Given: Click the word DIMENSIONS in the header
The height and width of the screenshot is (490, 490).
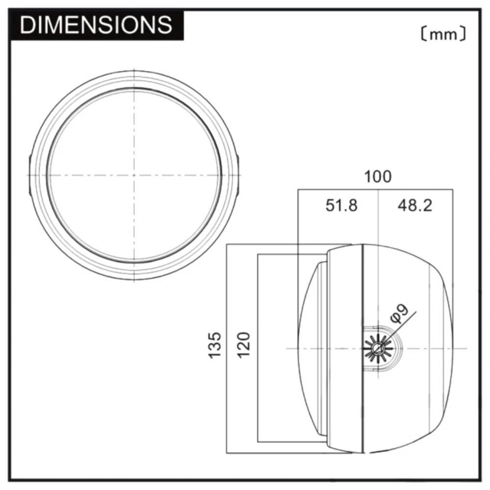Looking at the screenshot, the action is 96,24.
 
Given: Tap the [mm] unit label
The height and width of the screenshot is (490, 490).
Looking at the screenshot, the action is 443,34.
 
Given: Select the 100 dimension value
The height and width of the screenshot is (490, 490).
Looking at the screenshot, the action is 378,176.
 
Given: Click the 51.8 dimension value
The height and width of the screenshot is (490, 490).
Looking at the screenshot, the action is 341,206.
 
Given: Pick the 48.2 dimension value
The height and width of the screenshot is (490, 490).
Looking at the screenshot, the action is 415,206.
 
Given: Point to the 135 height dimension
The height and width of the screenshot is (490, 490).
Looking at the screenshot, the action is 215,345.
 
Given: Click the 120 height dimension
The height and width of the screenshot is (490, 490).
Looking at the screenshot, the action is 244,345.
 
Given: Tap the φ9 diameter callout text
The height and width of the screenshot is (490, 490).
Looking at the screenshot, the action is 399,314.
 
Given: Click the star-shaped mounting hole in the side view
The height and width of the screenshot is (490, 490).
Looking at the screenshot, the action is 378,348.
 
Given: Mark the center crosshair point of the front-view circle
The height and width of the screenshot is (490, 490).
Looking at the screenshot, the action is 134,175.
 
